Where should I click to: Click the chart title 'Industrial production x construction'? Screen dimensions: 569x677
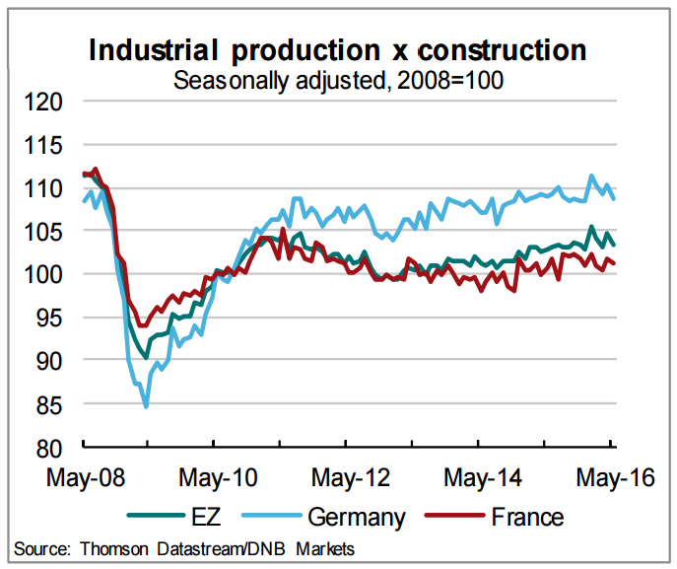(338, 50)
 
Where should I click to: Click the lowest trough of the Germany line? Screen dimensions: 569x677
(146, 405)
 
